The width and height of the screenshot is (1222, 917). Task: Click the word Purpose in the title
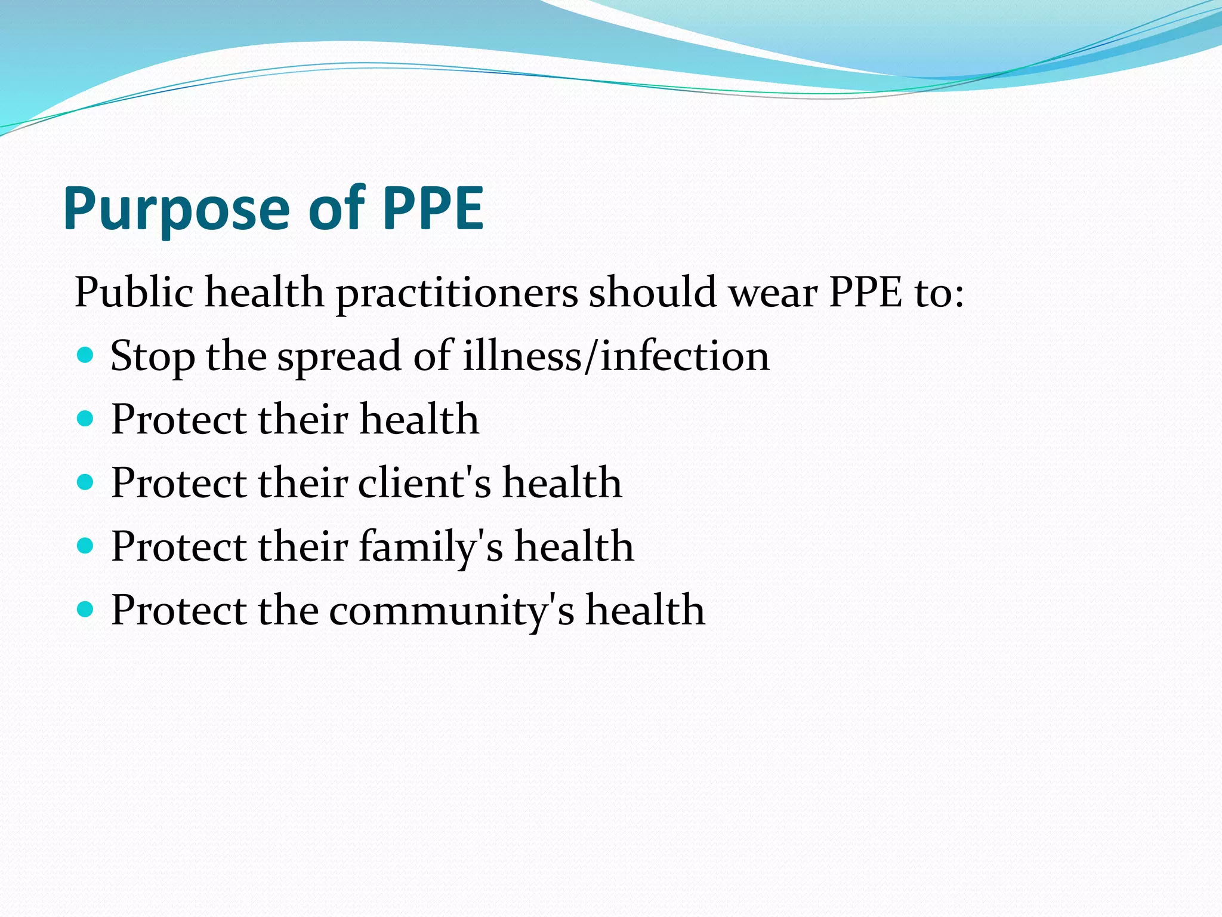pos(176,209)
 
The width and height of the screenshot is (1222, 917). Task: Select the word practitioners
pos(457,294)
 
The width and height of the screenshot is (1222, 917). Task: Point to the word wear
pos(773,294)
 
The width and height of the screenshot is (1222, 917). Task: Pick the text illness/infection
pos(616,356)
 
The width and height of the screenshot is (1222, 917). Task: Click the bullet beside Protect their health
pos(86,419)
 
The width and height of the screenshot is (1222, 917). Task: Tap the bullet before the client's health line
pos(86,482)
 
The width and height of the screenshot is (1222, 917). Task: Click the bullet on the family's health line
pos(86,546)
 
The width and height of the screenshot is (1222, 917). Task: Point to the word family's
pos(431,547)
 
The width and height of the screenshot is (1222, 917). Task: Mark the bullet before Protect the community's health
pos(86,610)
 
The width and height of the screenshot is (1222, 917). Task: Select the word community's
pos(452,611)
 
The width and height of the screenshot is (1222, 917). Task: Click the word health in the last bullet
pos(645,610)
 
